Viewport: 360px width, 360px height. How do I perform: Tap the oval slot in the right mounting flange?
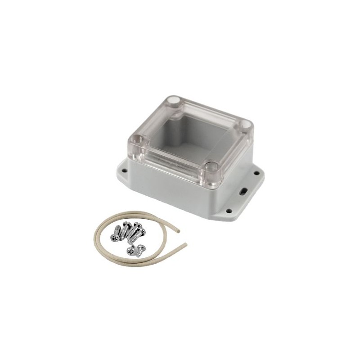(244, 191)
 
